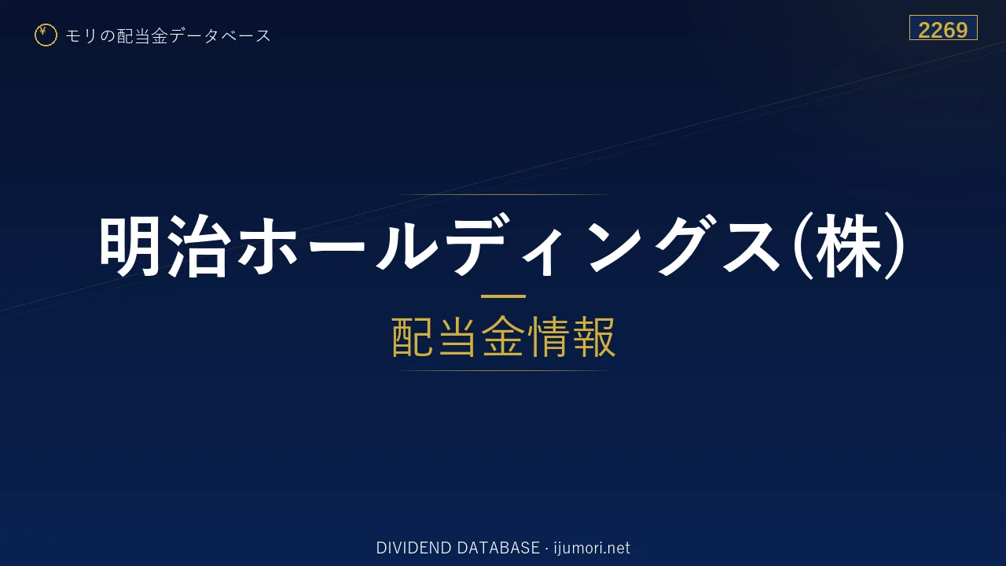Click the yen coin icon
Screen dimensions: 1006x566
(46, 35)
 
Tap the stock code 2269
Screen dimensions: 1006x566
(942, 31)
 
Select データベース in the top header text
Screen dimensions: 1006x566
(220, 36)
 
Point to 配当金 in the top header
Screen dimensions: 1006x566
(142, 36)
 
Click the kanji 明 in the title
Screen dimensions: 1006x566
(130, 246)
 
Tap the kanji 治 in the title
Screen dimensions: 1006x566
(197, 246)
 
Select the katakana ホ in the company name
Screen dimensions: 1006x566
(268, 246)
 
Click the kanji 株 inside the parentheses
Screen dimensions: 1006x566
(848, 246)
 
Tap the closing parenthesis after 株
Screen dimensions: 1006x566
(894, 246)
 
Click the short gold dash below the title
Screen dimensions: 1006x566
(503, 296)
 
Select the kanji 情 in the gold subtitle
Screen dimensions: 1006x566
(548, 336)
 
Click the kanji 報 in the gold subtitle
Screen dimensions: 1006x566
(593, 336)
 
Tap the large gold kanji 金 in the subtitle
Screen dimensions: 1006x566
(502, 336)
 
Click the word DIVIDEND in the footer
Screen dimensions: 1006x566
(413, 548)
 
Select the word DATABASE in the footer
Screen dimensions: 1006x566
(498, 548)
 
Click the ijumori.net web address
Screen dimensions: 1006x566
(592, 548)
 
